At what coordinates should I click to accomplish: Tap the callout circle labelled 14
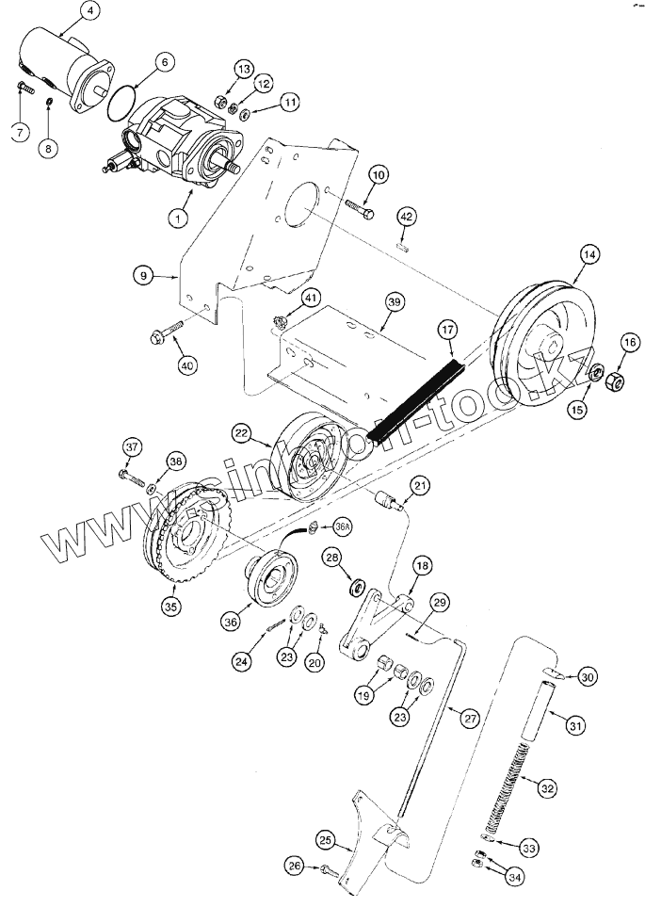[x=589, y=253]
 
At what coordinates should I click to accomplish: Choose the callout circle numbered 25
[x=325, y=840]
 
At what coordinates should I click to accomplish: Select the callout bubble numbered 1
[x=174, y=218]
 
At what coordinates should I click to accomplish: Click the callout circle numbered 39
[x=394, y=300]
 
